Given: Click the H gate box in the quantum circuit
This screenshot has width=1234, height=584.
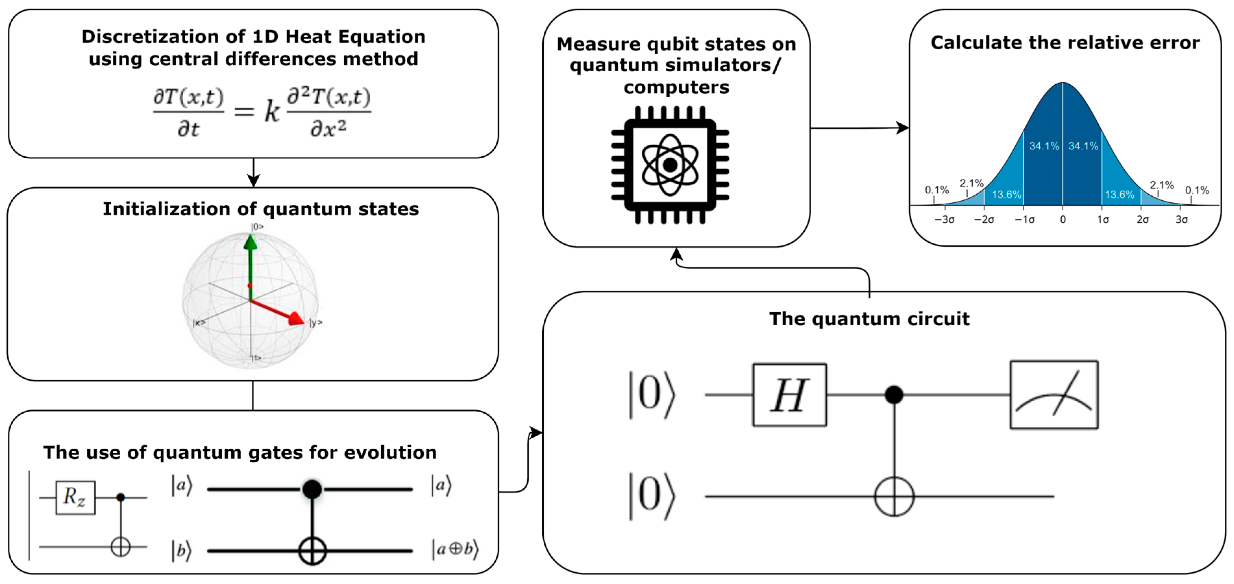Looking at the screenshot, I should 789,395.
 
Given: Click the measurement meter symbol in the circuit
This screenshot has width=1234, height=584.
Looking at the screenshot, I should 1053,395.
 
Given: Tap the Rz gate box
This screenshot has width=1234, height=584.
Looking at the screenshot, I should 75,498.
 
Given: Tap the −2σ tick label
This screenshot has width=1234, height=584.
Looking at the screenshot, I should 984,220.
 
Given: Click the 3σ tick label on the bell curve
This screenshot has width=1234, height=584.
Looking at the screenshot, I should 1181,220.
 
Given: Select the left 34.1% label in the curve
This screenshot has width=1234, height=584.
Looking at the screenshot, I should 1044,146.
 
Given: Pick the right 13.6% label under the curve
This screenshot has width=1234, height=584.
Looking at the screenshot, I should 1120,195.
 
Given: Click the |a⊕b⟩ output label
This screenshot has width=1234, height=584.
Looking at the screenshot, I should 455,549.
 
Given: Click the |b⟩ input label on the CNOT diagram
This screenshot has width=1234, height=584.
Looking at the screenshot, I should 182,550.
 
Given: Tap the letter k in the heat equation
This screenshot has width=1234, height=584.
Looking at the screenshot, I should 272,112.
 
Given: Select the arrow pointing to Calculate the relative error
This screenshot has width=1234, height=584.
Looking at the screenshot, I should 901,128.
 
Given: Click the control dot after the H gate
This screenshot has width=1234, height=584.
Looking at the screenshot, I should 894,395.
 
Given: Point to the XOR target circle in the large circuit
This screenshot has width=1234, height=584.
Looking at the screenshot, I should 894,496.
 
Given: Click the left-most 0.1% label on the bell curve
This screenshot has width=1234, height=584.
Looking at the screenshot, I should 937,190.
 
